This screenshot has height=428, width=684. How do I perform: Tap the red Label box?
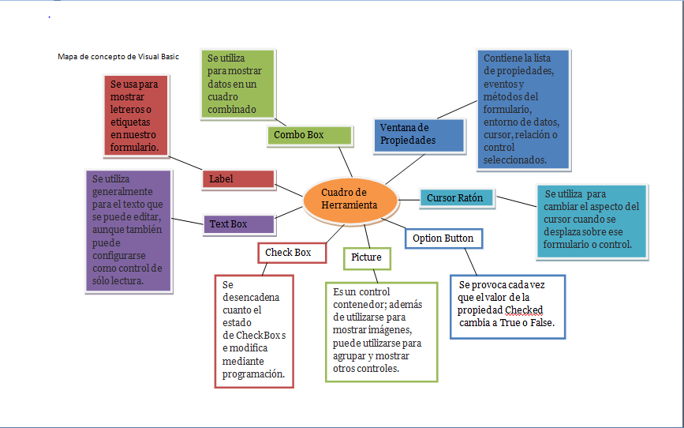click(x=238, y=179)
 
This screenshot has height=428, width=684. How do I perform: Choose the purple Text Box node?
click(x=238, y=224)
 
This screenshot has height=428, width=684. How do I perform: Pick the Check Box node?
click(x=288, y=253)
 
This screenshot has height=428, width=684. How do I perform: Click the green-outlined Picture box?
click(x=366, y=257)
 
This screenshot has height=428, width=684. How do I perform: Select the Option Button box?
click(x=443, y=238)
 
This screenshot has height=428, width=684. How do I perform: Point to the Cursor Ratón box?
click(x=457, y=198)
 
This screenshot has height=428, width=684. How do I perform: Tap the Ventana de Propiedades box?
click(x=418, y=134)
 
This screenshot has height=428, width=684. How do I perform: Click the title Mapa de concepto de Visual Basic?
click(x=118, y=57)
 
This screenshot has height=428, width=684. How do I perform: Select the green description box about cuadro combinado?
click(x=237, y=84)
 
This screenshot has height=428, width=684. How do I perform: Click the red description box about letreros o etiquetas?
click(x=135, y=115)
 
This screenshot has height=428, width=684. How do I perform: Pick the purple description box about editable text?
click(x=128, y=230)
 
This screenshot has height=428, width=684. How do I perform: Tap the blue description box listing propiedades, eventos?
click(x=523, y=110)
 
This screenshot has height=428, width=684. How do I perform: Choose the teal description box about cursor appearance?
click(x=592, y=221)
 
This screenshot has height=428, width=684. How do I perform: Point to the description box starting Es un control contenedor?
click(x=380, y=332)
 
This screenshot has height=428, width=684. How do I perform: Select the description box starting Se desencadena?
click(x=253, y=330)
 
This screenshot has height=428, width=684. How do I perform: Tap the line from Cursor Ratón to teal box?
click(x=515, y=202)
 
